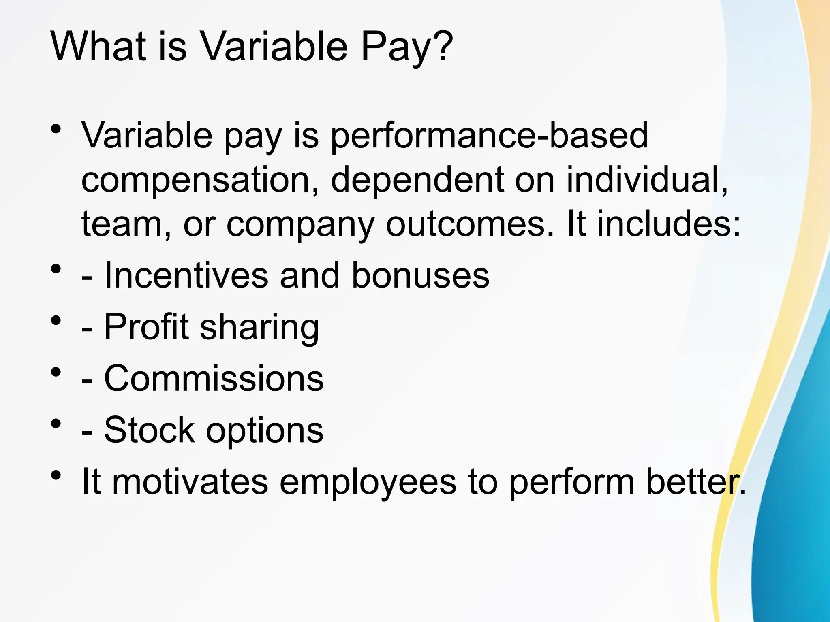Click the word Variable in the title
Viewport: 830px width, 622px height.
(x=274, y=47)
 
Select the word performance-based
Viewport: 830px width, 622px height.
(x=489, y=136)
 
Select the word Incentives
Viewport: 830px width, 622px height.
(x=186, y=275)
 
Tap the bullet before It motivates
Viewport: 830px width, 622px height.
(x=56, y=475)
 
